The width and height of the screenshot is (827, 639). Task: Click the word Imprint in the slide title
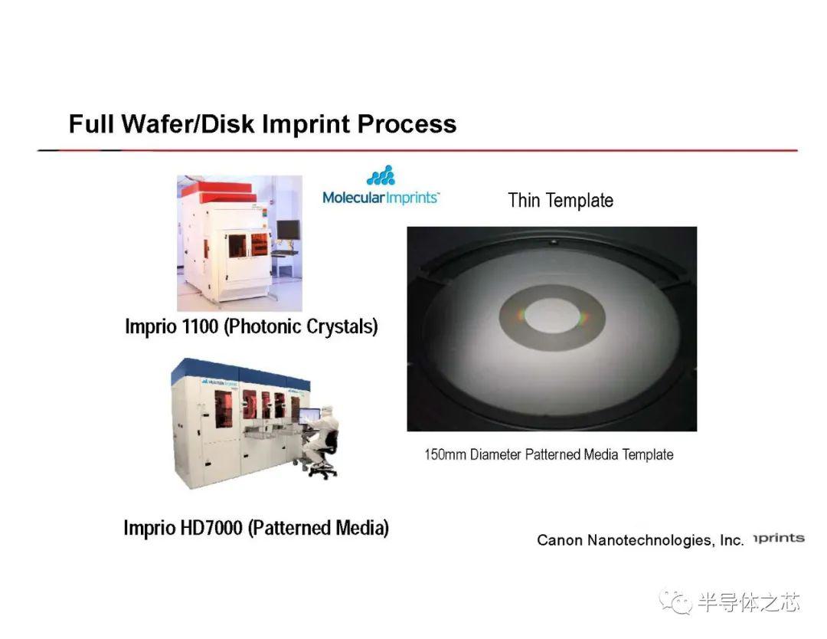pos(306,125)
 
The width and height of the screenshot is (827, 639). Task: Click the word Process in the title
pos(407,125)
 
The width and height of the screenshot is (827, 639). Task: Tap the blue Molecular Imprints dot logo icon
pos(381,175)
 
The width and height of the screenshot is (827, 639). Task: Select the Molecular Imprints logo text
pos(381,198)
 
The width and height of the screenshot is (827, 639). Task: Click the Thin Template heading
pos(561,201)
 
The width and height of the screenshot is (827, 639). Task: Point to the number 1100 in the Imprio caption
pos(200,326)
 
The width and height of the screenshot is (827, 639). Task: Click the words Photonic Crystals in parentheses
pos(301,326)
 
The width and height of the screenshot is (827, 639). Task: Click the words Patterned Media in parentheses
pos(319,528)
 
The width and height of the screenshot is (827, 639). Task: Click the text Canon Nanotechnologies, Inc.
pos(640,540)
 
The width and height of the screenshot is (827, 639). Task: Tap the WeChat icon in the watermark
pos(675,602)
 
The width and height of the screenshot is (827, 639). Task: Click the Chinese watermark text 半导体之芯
pos(749,602)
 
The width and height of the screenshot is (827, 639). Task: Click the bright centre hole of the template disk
pos(553,316)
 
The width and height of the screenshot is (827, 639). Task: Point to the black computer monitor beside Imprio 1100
pos(289,230)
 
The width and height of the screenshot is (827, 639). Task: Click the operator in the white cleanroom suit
pos(320,436)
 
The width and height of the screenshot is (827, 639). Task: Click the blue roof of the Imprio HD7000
pos(240,372)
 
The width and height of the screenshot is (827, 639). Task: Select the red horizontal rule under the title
pos(417,150)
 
